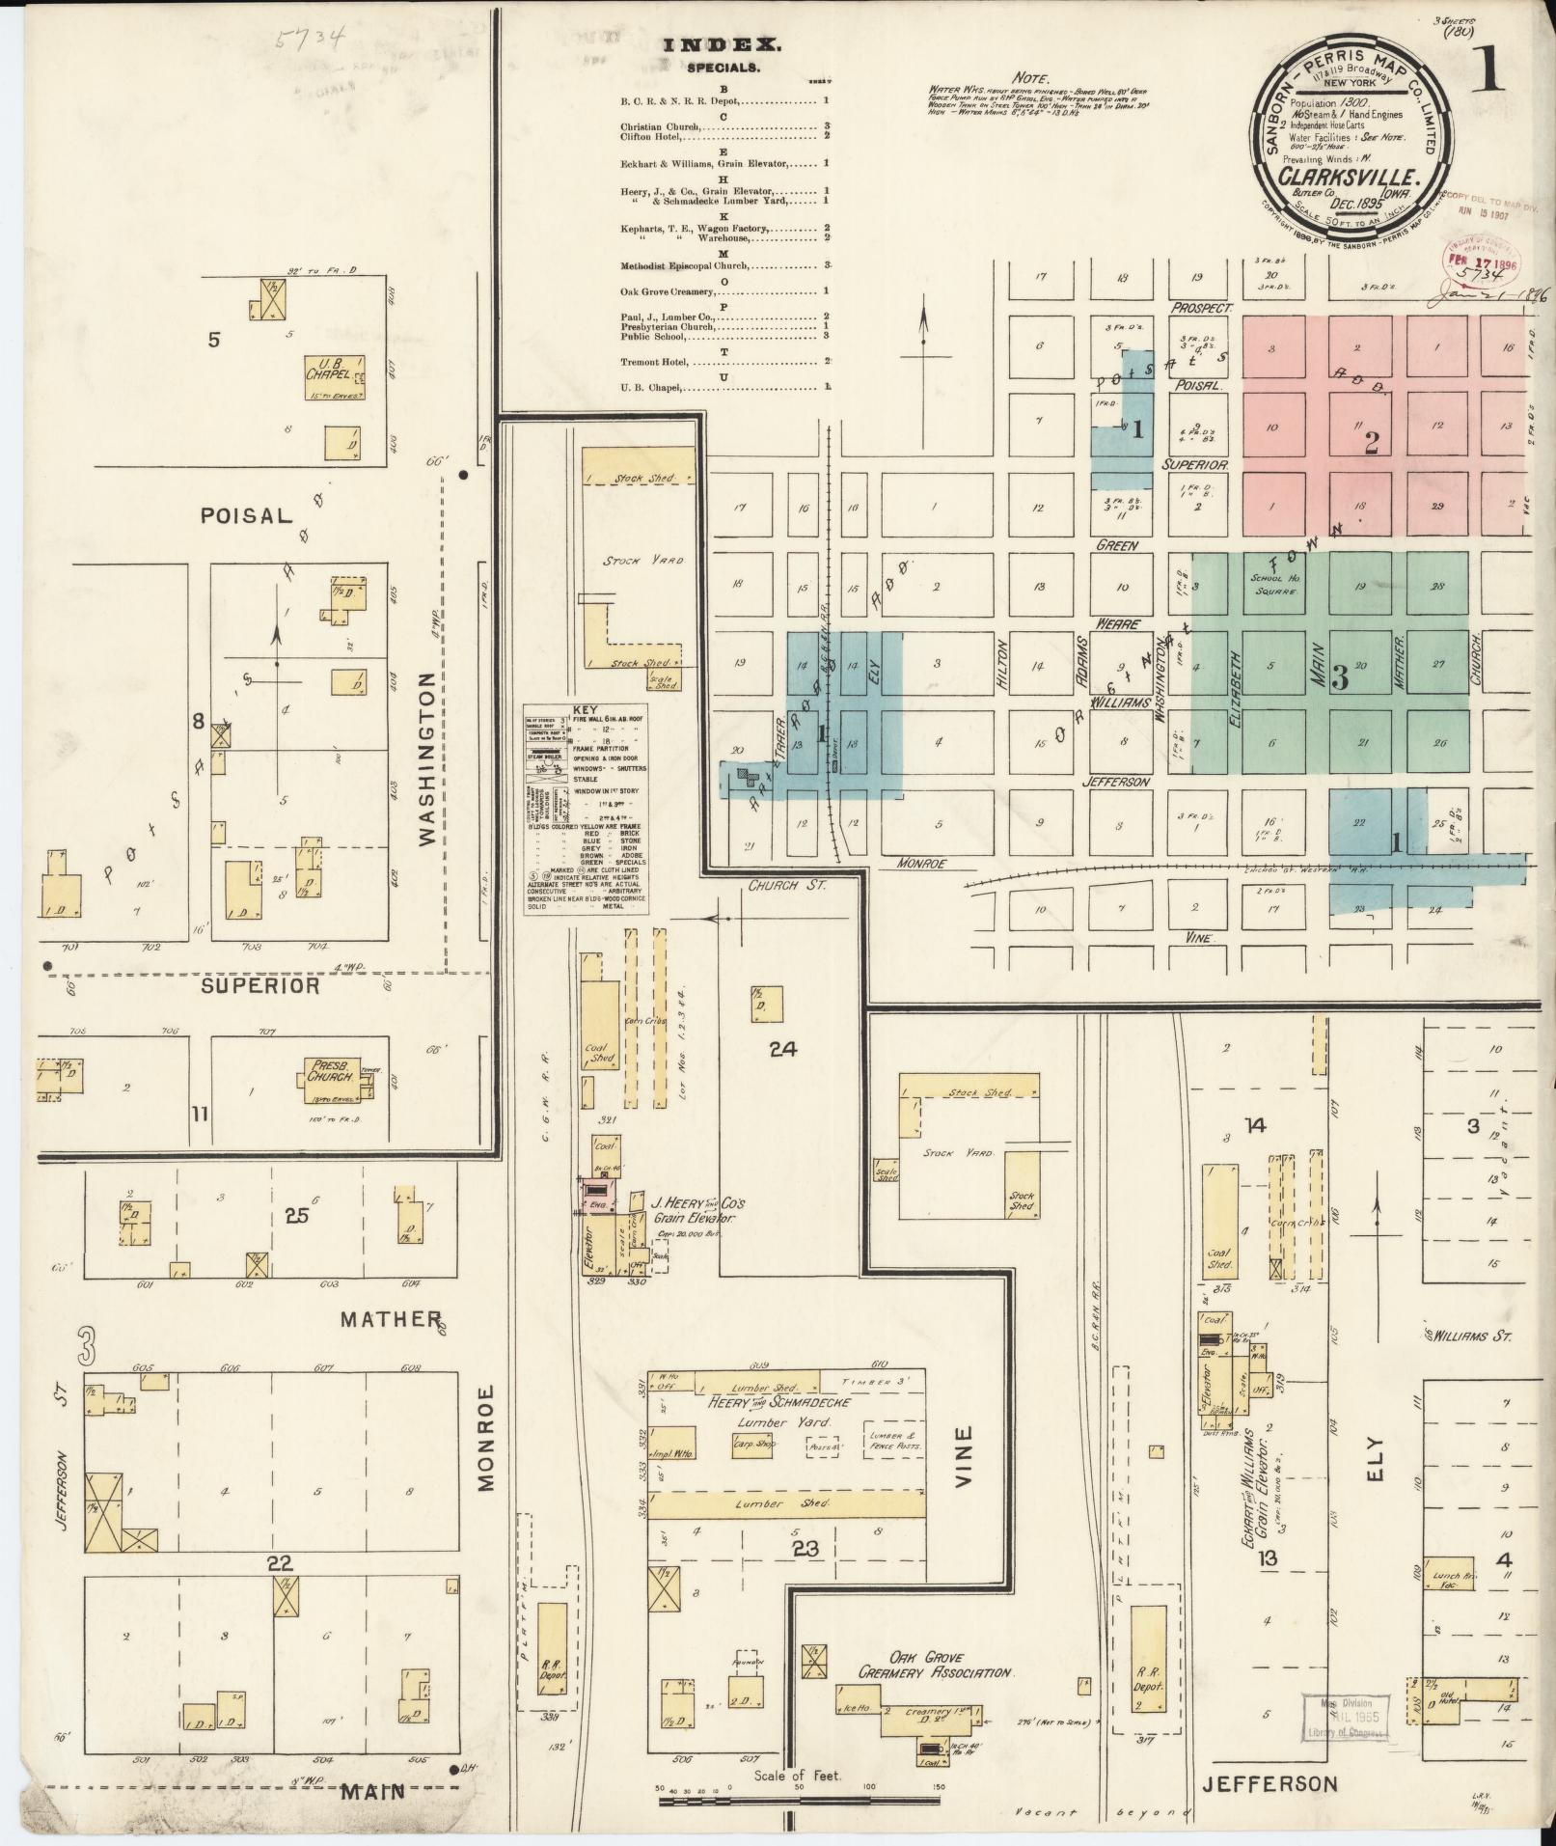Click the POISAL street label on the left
[x=245, y=514]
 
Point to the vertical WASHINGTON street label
[x=428, y=761]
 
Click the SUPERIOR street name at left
[x=260, y=985]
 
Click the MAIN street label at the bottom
[x=372, y=1792]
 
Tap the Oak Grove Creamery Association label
[x=935, y=1666]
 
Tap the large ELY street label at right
[x=1374, y=1468]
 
